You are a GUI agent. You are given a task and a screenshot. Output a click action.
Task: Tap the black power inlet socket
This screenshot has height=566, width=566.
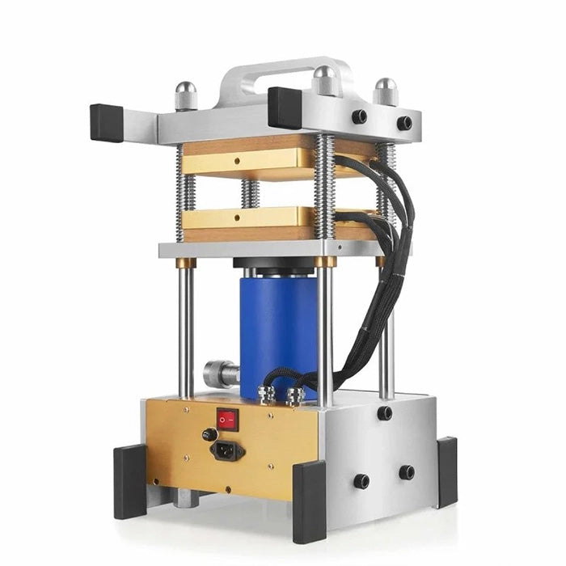point(227,450)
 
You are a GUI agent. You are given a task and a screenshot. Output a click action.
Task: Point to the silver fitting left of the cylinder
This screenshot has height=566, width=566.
point(219,374)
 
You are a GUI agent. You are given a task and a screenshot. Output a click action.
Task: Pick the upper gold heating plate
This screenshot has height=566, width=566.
point(243,158)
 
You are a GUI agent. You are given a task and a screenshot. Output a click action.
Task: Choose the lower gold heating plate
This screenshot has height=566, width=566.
point(243,220)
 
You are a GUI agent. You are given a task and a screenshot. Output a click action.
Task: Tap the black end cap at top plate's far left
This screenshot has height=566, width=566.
point(107,122)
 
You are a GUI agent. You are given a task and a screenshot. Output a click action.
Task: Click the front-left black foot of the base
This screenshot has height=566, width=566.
point(129,481)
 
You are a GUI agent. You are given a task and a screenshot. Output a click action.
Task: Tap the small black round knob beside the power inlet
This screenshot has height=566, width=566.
point(208,434)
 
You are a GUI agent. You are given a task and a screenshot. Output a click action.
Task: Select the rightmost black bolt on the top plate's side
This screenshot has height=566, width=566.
point(403,123)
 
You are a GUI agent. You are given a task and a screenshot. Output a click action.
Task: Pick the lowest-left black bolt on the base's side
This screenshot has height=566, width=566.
point(361,481)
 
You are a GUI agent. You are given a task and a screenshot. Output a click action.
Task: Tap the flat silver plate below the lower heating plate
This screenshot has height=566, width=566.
point(243,248)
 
